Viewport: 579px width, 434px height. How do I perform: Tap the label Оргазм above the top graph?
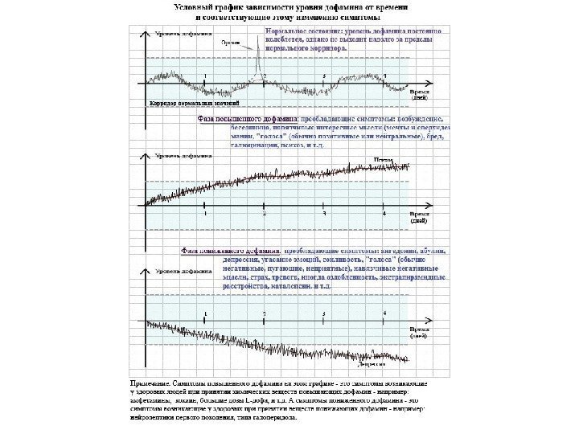[x=232, y=43]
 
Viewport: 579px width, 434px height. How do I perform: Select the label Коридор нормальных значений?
[x=194, y=104]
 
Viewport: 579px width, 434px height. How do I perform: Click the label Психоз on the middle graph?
[x=372, y=160]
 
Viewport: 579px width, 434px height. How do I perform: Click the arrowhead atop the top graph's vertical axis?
[x=146, y=32]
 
